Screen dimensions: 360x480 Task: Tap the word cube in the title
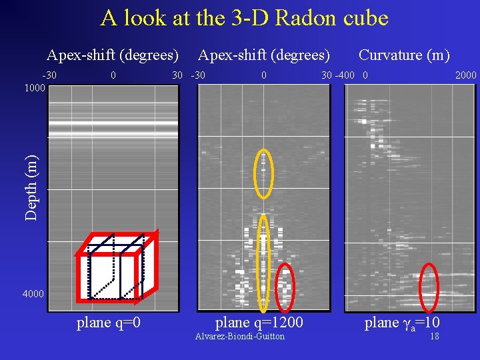pyautogui.click(x=367, y=18)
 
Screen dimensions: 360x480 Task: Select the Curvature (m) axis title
pyautogui.click(x=404, y=55)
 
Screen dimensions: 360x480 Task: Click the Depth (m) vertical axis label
pyautogui.click(x=31, y=187)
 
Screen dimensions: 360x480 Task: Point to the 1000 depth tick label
pyautogui.click(x=33, y=87)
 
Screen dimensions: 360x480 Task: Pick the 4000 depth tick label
pyautogui.click(x=33, y=294)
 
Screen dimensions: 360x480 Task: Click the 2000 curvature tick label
pyautogui.click(x=465, y=75)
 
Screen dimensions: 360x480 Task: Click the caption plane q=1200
pyautogui.click(x=259, y=323)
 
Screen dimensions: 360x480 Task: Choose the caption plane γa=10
pyautogui.click(x=402, y=324)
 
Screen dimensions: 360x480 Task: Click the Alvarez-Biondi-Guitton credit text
pyautogui.click(x=239, y=337)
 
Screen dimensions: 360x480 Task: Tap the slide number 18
pyautogui.click(x=435, y=337)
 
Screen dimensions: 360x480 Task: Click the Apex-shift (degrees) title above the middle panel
pyautogui.click(x=264, y=55)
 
